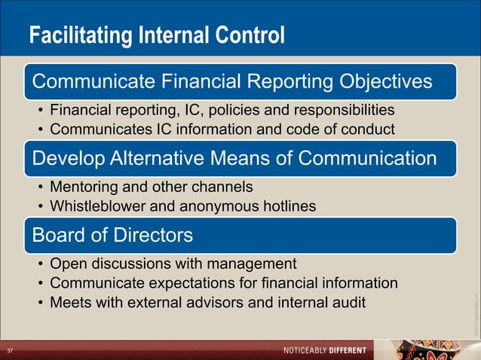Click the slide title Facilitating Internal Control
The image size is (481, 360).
coord(157,35)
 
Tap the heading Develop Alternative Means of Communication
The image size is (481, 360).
coord(234,158)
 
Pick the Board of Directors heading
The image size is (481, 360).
coord(112,235)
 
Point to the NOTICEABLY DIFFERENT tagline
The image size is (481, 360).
coord(324,351)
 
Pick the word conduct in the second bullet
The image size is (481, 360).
coord(369,129)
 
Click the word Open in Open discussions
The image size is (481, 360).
coord(67,264)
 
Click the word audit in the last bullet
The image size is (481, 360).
coord(349,302)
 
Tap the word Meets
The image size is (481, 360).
coord(70,302)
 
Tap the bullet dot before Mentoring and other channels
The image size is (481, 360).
coord(39,185)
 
